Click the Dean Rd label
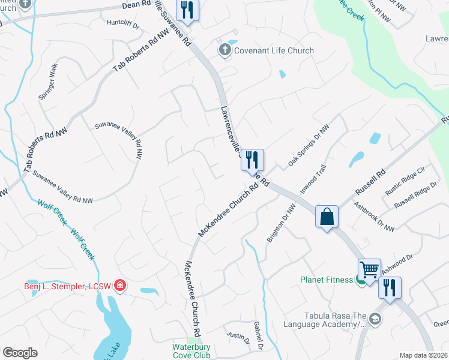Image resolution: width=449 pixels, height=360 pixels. (137, 4)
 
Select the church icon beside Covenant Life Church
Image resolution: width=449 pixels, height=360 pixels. (225, 50)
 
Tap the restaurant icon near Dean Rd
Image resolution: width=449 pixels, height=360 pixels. (188, 10)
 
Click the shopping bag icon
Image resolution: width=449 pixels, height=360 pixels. (327, 217)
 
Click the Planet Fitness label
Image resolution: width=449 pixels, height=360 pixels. (327, 279)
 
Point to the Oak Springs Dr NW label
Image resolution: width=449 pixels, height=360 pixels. (309, 146)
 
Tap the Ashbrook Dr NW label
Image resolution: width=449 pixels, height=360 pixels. (374, 217)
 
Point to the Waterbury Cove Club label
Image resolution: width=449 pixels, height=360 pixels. (191, 351)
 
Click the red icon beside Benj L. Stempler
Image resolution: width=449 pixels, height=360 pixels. (121, 284)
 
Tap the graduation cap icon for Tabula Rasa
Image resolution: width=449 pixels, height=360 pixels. (376, 319)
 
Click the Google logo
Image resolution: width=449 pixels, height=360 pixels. (20, 353)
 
